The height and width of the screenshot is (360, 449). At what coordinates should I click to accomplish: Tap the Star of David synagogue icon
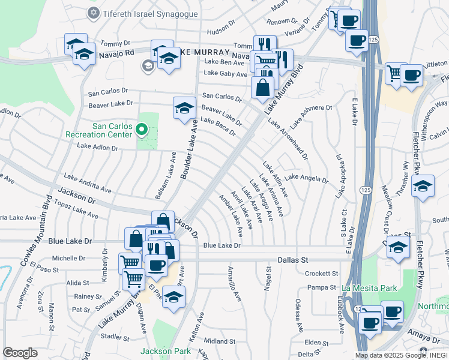(93, 13)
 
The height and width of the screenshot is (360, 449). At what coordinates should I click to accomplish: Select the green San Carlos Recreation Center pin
(142, 128)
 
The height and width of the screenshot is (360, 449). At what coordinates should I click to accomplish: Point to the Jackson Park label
(166, 351)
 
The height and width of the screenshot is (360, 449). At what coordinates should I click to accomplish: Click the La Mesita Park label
(369, 289)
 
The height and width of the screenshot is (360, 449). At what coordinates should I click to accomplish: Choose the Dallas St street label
(292, 260)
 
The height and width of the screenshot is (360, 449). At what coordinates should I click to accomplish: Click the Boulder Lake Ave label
(189, 149)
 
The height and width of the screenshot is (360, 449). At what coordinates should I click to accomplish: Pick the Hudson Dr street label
(221, 31)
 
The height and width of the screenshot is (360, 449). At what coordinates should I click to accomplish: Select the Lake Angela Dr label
(306, 178)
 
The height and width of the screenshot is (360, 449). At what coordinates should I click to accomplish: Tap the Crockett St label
(318, 273)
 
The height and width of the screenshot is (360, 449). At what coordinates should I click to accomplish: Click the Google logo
(20, 352)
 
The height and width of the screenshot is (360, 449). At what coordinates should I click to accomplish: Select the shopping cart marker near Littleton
(394, 74)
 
